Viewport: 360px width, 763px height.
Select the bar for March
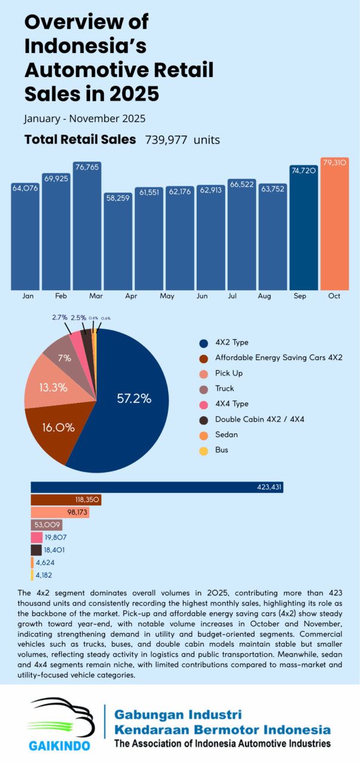pos(87,227)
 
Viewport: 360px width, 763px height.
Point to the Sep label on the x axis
pos(303,296)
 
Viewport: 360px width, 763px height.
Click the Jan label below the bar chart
pos(27,296)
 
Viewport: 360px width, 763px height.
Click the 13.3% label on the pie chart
pos(53,387)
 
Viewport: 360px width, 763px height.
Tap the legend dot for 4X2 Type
pos(204,343)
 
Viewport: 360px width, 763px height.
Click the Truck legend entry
pos(224,388)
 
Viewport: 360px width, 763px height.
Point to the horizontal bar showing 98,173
pos(60,512)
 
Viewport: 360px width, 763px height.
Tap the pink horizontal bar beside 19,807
pos(36,537)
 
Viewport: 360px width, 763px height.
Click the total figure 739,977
pos(166,140)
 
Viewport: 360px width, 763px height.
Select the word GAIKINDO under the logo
pos(60,746)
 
